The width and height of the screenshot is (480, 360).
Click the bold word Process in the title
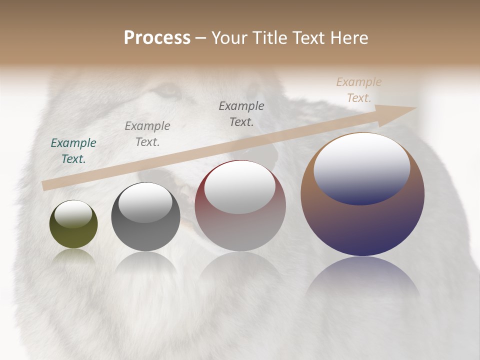[x=157, y=38]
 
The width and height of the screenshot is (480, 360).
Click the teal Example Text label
[x=73, y=151]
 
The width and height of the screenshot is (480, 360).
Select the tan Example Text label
[x=359, y=90]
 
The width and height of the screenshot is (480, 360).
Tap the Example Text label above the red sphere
[x=241, y=113]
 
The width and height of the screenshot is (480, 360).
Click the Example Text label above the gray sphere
[x=147, y=133]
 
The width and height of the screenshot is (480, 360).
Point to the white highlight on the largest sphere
[x=362, y=168]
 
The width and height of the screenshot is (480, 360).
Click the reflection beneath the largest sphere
[x=362, y=277]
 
